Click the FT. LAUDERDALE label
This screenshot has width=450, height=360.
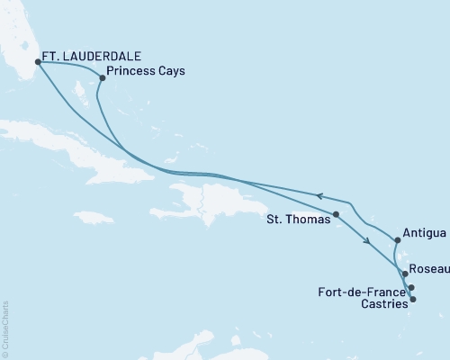[x=94, y=52]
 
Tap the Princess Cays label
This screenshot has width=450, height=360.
[x=146, y=72]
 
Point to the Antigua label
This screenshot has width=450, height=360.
[x=423, y=234]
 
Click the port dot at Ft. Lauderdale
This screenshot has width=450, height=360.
[x=38, y=62]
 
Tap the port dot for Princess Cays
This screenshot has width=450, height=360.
[x=103, y=77]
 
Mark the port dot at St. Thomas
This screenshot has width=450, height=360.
[x=336, y=214]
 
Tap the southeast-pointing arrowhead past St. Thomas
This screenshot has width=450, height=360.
[x=366, y=240]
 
